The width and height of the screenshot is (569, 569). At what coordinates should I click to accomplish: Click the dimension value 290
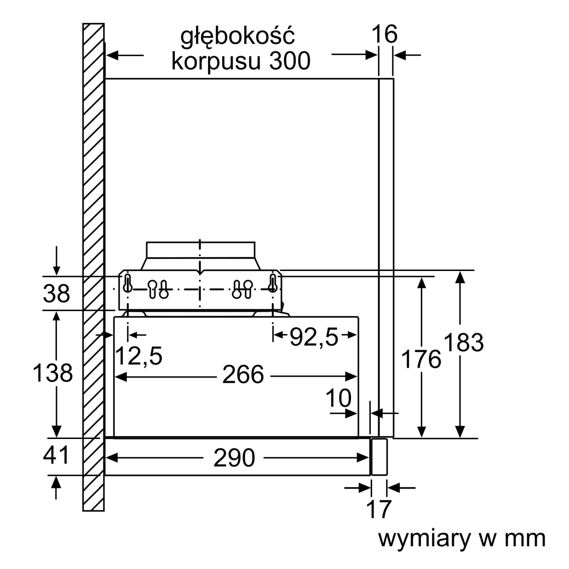coord(234,458)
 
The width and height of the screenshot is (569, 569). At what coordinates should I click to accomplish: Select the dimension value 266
coord(243,375)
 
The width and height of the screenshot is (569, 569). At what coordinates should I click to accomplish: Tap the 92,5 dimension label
coord(313,337)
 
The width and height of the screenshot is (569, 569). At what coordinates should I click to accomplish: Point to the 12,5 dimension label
coord(139,356)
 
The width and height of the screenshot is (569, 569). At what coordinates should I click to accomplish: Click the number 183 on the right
coord(464,342)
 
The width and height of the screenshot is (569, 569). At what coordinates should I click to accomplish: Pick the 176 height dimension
coord(421,359)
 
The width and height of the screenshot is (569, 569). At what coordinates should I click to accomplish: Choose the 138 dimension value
coord(53,373)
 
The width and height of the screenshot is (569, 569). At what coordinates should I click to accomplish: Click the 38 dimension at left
coord(56,294)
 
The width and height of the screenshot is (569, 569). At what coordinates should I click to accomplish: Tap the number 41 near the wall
coord(56,455)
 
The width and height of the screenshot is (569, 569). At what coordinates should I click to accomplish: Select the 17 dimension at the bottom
coord(378,509)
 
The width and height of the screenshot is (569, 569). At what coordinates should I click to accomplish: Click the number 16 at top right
coord(384,35)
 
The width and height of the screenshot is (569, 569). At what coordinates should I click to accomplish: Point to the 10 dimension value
coord(338,398)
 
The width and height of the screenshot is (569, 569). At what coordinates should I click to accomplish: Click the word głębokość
coord(238,37)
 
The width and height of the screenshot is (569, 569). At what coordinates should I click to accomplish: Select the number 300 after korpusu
coord(290,61)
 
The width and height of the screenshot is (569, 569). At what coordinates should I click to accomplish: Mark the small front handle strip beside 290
coord(379,457)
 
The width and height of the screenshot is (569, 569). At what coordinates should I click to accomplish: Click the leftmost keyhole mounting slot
coord(127,283)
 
